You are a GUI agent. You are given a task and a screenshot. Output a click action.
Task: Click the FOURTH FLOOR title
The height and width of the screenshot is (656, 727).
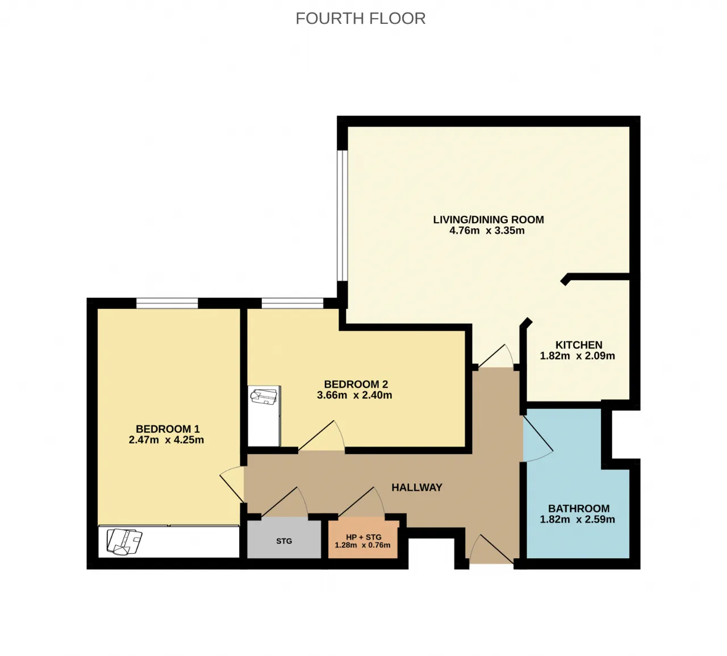click(360, 19)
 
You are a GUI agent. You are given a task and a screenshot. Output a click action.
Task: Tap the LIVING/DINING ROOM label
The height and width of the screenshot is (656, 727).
click(488, 220)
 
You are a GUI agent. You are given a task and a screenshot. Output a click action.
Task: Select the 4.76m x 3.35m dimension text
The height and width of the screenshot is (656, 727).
click(487, 231)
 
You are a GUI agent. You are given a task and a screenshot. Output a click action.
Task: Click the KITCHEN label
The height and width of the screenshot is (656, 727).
click(579, 345)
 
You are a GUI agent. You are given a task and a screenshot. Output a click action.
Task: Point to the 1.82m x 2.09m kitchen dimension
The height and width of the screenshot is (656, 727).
click(577, 356)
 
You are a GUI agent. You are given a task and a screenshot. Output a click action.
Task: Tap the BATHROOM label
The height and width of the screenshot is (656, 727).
click(579, 508)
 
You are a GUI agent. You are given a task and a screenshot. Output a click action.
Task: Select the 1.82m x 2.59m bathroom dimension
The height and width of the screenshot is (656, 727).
click(577, 519)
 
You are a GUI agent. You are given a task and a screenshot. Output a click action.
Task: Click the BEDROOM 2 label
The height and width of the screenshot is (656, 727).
click(356, 384)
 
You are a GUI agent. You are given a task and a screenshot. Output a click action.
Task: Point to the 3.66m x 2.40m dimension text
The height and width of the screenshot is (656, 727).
click(354, 395)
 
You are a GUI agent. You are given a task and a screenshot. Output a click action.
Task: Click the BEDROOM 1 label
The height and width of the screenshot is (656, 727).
click(168, 429)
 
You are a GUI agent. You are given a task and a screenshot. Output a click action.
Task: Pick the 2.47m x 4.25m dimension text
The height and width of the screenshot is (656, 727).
click(166, 440)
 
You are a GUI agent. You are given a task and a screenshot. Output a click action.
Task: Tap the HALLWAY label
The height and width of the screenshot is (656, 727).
click(417, 487)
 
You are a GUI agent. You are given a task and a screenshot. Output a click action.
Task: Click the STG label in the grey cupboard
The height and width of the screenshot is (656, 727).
click(284, 541)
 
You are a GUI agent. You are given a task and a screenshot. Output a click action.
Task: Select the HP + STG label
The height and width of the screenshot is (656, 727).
click(363, 537)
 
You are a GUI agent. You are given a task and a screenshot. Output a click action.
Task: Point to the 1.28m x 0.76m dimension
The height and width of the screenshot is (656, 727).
click(362, 545)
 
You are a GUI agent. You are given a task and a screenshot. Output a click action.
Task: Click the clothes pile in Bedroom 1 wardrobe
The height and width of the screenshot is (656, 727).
click(124, 542)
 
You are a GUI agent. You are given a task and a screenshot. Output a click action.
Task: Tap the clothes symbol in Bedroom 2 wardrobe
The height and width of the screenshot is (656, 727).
click(264, 397)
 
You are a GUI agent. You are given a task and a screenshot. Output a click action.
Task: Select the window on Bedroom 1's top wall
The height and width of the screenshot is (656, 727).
click(167, 303)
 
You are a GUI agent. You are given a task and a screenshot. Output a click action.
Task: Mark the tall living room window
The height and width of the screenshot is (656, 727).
click(342, 215)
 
